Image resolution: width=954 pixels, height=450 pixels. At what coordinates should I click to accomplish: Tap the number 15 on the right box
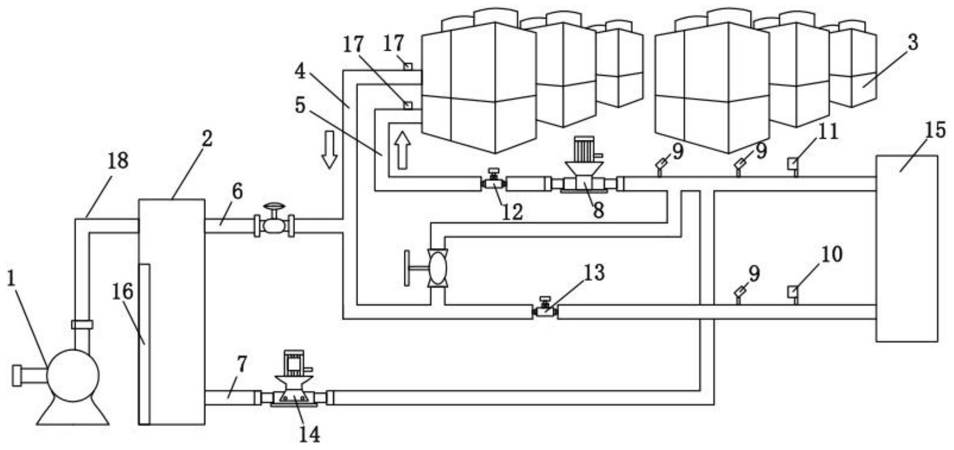pyautogui.click(x=934, y=131)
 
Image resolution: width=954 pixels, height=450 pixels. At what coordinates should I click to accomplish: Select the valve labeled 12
pyautogui.click(x=494, y=180)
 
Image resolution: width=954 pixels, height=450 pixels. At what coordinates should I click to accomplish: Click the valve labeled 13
pyautogui.click(x=545, y=308)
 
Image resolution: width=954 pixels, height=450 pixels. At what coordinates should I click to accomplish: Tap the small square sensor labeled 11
pyautogui.click(x=793, y=165)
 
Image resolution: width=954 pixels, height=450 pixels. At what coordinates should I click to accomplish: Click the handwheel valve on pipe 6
pyautogui.click(x=274, y=220)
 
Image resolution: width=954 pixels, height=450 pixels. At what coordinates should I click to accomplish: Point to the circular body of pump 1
pyautogui.click(x=73, y=375)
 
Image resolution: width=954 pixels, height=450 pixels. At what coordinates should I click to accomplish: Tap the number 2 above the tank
pyautogui.click(x=207, y=139)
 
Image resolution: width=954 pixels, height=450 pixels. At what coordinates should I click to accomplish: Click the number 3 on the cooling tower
pyautogui.click(x=913, y=42)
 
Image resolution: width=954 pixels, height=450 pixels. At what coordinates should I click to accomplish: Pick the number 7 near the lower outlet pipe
pyautogui.click(x=242, y=364)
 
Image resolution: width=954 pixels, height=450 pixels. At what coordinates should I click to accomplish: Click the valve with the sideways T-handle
pyautogui.click(x=428, y=268)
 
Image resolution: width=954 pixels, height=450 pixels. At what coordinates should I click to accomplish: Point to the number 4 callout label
pyautogui.click(x=300, y=71)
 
